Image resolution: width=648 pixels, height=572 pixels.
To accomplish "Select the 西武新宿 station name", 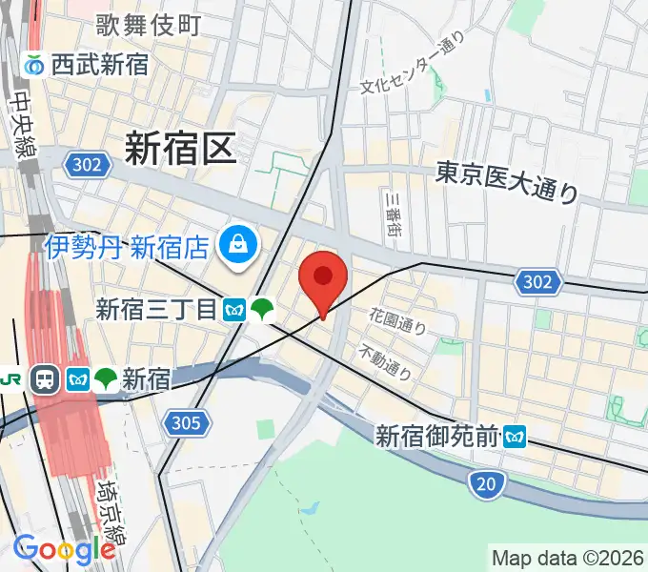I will tap(100, 65).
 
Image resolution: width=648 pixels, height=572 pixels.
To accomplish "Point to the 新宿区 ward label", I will tap(180, 148).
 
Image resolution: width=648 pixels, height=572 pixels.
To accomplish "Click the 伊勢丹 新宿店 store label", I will tap(127, 248).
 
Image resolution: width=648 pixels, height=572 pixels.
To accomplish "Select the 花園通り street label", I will tap(397, 320).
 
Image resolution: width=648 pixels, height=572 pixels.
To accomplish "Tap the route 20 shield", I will tap(486, 484).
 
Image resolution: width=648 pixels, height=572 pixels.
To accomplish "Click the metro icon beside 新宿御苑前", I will tap(516, 437).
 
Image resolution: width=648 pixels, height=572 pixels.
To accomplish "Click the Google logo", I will tap(64, 549).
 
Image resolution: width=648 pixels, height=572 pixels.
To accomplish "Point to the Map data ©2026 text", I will tap(567, 558).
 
